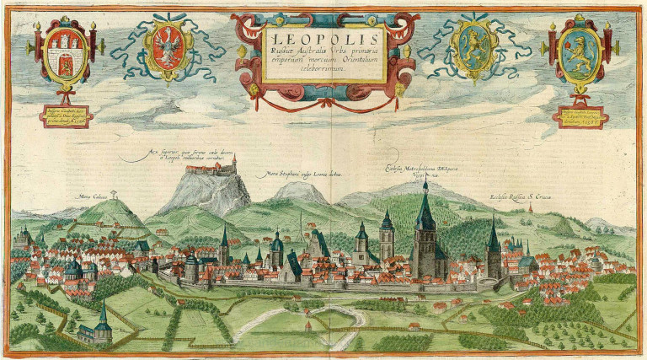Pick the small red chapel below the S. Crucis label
pyautogui.click(x=530, y=209)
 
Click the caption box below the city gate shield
pyautogui.click(x=65, y=116)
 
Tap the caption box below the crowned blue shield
pyautogui.click(x=580, y=117)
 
